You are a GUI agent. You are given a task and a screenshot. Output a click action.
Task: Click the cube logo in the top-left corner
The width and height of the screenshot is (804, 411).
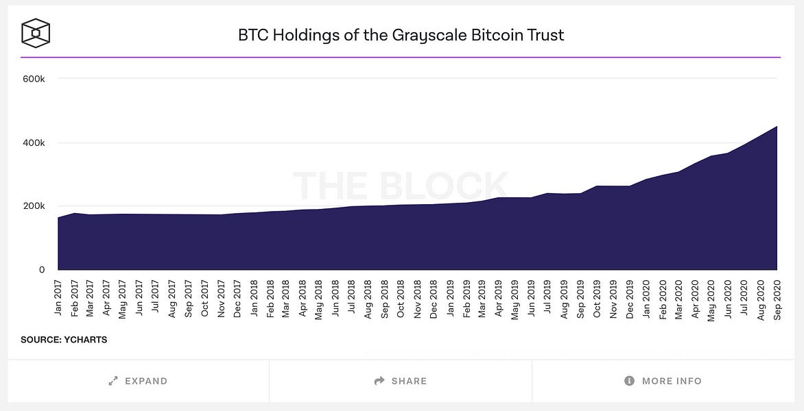click(36, 32)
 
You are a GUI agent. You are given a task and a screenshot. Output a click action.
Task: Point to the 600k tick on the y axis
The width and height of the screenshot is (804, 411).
click(34, 79)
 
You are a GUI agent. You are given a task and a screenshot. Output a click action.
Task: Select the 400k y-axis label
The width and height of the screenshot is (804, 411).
click(34, 142)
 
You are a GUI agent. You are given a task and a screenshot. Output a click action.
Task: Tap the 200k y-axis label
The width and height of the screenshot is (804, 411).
click(34, 206)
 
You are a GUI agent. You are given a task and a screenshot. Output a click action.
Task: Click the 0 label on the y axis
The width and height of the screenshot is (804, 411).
click(42, 270)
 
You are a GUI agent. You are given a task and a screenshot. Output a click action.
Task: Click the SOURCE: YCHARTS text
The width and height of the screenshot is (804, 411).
click(64, 340)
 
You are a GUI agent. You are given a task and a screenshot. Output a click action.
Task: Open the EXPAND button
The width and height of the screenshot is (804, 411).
click(138, 381)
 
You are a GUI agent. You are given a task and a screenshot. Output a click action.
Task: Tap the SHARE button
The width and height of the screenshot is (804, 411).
click(400, 381)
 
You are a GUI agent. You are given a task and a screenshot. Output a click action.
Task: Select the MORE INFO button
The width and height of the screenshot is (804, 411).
click(663, 381)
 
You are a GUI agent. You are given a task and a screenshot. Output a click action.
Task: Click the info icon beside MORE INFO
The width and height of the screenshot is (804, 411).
click(629, 381)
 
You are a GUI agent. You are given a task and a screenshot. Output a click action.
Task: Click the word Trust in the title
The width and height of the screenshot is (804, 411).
click(542, 35)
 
